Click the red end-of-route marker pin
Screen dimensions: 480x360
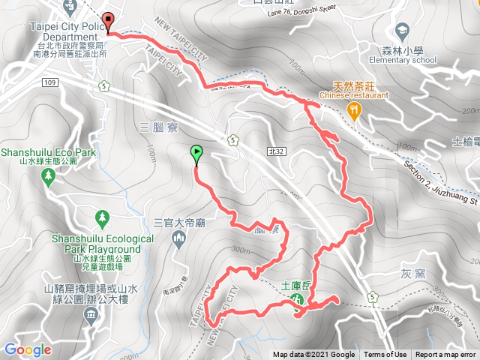[107, 22]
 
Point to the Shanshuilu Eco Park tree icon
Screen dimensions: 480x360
[49, 176]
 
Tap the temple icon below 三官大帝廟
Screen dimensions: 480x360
[178, 239]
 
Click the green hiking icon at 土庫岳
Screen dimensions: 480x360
[297, 299]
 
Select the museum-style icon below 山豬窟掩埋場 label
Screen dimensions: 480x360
[91, 312]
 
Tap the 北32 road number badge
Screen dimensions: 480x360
[276, 151]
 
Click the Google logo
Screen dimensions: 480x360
[27, 349]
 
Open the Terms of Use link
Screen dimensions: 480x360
[385, 355]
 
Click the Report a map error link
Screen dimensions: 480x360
[446, 355]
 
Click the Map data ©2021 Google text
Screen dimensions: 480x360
[313, 355]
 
